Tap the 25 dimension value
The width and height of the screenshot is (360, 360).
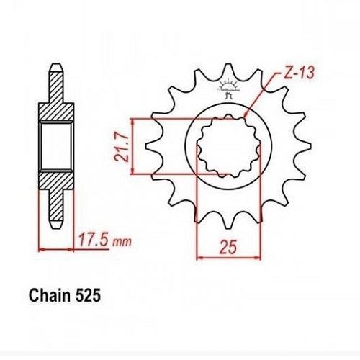[x=228, y=246]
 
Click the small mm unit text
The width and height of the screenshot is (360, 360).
[x=122, y=242]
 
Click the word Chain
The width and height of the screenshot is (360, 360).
[x=50, y=295]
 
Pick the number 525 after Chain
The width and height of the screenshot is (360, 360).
[x=88, y=296]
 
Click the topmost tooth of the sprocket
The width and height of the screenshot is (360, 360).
[x=229, y=70]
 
